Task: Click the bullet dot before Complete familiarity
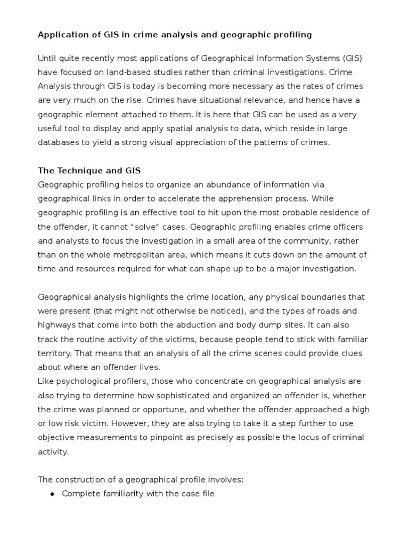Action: pos(52,494)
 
